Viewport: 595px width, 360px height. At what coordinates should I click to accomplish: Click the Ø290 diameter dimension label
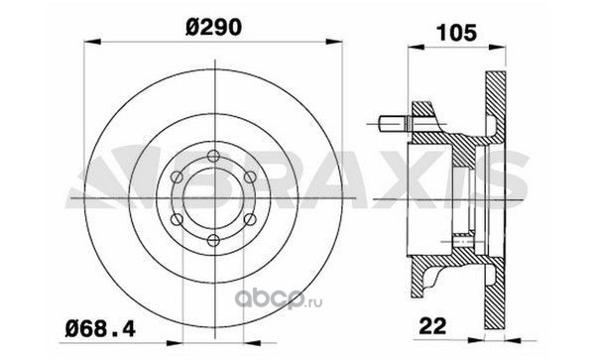213,28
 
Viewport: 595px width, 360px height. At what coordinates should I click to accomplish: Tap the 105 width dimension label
456,33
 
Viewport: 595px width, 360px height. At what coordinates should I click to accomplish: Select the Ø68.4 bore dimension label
100,328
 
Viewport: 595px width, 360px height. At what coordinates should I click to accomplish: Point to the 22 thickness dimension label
432,326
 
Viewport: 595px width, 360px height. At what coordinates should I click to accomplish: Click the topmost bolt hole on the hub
213,156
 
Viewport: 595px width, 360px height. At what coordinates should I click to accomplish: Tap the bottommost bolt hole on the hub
213,240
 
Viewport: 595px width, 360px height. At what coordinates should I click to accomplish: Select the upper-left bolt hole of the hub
177,177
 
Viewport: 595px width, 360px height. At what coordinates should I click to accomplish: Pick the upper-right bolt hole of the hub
250,177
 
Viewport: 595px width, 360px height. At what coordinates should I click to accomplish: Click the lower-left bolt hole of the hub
177,219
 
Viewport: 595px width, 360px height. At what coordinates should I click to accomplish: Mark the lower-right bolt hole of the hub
250,219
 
